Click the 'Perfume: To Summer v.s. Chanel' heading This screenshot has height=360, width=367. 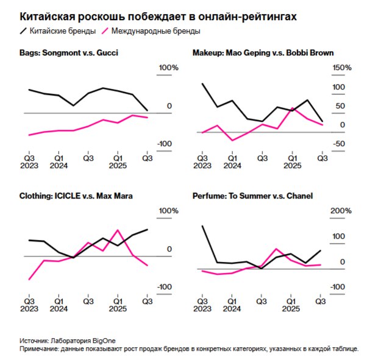(x=252, y=196)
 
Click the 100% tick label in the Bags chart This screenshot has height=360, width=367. (x=168, y=68)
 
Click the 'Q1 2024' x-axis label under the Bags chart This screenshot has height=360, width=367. (x=59, y=161)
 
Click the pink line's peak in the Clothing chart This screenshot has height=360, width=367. (x=117, y=230)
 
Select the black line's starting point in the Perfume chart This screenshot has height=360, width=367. (x=202, y=226)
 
